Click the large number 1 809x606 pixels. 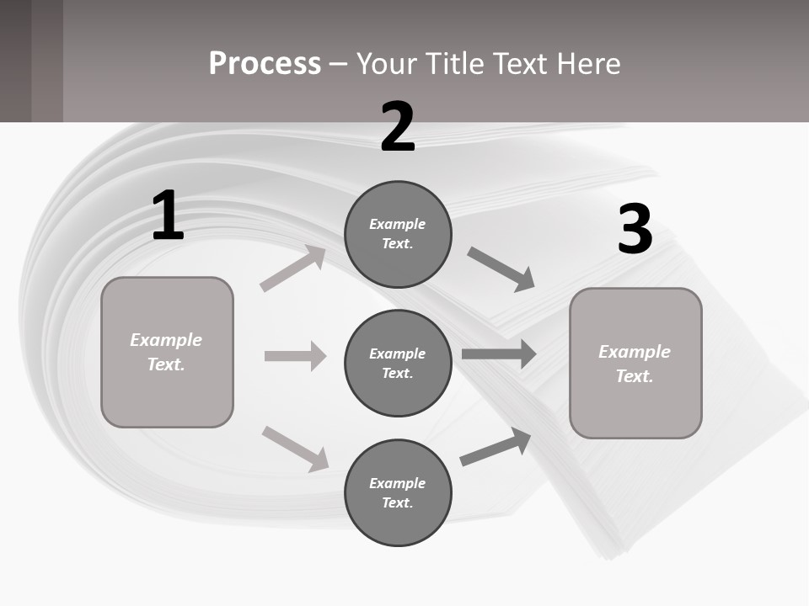point(168,216)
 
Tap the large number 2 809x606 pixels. point(398,127)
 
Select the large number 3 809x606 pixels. point(635,229)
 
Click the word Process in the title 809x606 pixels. point(265,63)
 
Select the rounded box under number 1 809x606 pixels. point(167,352)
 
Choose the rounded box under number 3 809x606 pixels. point(635,363)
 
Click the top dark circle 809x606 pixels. point(398,234)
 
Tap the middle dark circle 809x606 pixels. point(398,363)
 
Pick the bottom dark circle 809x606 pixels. point(398,492)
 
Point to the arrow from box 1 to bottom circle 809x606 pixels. point(295,448)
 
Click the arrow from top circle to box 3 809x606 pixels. point(501,268)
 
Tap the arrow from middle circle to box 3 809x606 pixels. point(499,353)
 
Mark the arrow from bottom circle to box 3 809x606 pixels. point(496,447)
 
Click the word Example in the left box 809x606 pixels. point(166,340)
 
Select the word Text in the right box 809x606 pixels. point(634,376)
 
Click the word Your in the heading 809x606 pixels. point(384,63)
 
